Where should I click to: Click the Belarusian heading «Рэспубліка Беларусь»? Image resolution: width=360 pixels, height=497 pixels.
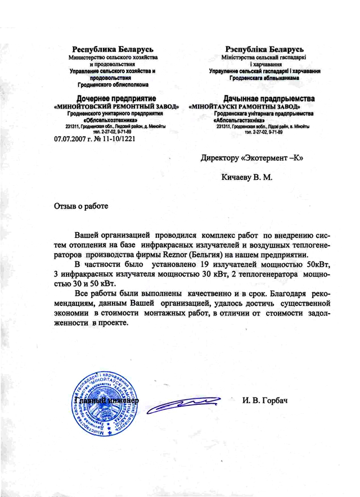point(264,49)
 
